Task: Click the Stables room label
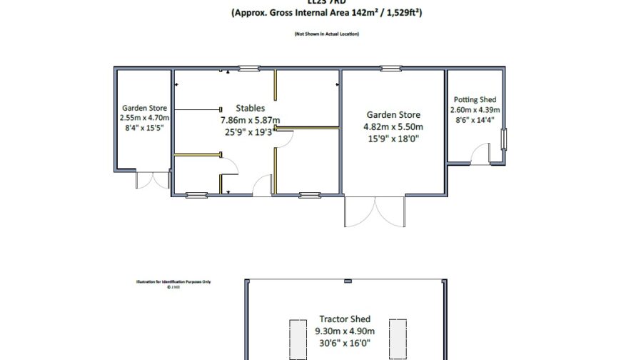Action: [x=250, y=108]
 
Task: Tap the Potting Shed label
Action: [x=475, y=100]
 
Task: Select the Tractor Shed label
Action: [x=345, y=319]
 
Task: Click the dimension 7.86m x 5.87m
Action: [x=249, y=120]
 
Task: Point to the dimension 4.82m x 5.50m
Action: [x=393, y=127]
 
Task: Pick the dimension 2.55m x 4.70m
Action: [x=143, y=119]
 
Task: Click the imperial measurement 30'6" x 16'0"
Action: [x=345, y=343]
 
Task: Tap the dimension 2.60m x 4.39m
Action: [x=475, y=110]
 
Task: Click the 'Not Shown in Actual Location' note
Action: [x=326, y=34]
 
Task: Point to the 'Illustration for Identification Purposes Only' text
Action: [x=174, y=281]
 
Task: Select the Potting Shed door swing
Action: [x=480, y=154]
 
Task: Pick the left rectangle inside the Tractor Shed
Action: [x=297, y=338]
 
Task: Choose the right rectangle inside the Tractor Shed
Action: [x=397, y=338]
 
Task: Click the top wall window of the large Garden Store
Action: [x=390, y=69]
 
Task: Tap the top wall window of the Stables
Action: [x=248, y=69]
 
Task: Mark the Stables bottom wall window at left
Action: [x=196, y=195]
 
